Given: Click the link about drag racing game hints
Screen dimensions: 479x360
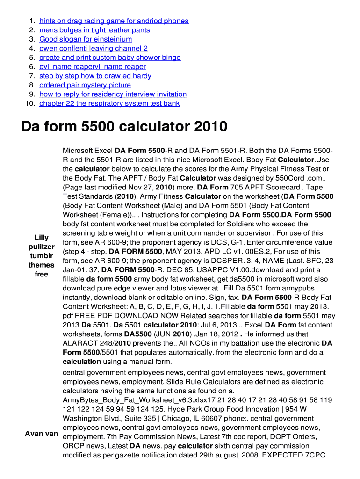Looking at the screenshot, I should click(x=114, y=21).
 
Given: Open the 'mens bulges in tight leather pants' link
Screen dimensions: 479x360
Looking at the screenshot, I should click(x=94, y=30).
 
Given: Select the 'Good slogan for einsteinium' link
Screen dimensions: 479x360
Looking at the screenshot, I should click(x=86, y=39).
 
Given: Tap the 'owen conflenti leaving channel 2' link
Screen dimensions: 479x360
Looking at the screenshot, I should click(x=93, y=48).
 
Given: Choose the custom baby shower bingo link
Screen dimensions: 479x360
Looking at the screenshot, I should click(x=110, y=58).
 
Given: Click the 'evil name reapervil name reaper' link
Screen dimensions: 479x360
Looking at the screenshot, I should click(x=93, y=67).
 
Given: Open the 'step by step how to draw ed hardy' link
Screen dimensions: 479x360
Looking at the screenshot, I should click(x=95, y=76).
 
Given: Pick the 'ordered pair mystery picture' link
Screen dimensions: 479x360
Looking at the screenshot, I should click(x=85, y=85).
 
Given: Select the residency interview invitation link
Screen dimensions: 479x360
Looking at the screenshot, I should click(x=113, y=94).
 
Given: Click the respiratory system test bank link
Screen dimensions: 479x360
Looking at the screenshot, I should click(x=109, y=103).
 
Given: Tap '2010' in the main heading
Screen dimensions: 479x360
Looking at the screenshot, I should click(x=209, y=126).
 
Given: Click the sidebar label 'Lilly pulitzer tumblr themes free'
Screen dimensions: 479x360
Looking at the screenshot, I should click(x=42, y=256).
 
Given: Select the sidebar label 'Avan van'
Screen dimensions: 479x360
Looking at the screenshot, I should click(x=42, y=434).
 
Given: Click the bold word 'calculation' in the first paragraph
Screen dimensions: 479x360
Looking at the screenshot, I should click(x=82, y=362).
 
